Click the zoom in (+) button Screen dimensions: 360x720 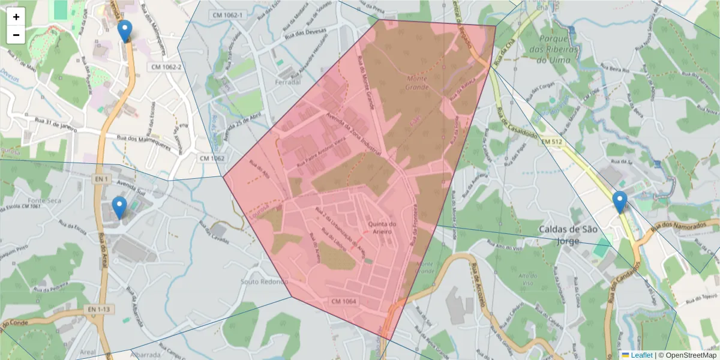click(16, 17)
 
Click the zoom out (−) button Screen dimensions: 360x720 click(16, 35)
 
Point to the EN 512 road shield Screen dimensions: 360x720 click(553, 142)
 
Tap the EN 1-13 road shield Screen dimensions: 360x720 click(98, 309)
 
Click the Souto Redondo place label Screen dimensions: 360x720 click(264, 281)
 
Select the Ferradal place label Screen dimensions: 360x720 click(286, 82)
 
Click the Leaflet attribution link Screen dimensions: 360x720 click(641, 355)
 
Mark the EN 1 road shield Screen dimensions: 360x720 click(100, 179)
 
